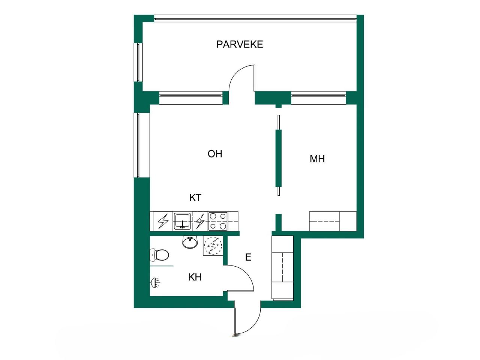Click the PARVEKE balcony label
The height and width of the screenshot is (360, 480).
coord(240,44)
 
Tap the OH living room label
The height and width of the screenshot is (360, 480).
coord(215,154)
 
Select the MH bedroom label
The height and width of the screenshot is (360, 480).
coord(317,159)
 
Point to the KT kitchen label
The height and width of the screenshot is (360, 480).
coord(195,198)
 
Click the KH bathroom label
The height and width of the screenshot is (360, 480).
coord(195,277)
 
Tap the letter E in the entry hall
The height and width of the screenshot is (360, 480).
coord(248,257)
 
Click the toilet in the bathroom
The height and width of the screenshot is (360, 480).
coord(159,255)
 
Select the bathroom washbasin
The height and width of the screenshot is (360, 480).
coord(190,242)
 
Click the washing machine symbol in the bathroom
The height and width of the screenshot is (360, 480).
coord(213,246)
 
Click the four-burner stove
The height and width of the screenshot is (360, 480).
coord(217,221)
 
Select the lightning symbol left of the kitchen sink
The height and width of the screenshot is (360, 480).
coord(163,221)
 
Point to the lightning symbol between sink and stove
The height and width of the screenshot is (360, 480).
coord(199,221)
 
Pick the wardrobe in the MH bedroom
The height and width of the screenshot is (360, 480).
coord(333,221)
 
